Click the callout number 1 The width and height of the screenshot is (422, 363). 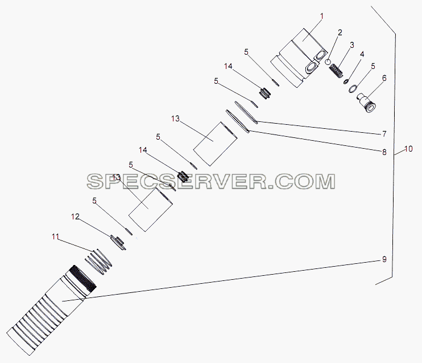321,17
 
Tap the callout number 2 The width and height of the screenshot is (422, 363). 340,32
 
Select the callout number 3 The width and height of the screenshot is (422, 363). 351,45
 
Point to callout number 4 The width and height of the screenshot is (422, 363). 362,54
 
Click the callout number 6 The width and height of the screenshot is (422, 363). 384,78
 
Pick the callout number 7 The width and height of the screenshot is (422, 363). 384,134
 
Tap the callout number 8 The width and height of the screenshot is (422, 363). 384,152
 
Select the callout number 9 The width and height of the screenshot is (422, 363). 384,259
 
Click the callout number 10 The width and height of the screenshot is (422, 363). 408,149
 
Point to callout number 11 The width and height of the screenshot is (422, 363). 55,237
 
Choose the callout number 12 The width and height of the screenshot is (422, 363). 75,217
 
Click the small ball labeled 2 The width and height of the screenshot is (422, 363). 328,62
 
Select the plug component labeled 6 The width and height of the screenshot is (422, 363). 366,103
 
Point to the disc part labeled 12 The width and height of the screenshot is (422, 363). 118,242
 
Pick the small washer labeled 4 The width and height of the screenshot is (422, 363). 346,81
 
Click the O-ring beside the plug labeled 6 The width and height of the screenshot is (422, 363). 353,89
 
